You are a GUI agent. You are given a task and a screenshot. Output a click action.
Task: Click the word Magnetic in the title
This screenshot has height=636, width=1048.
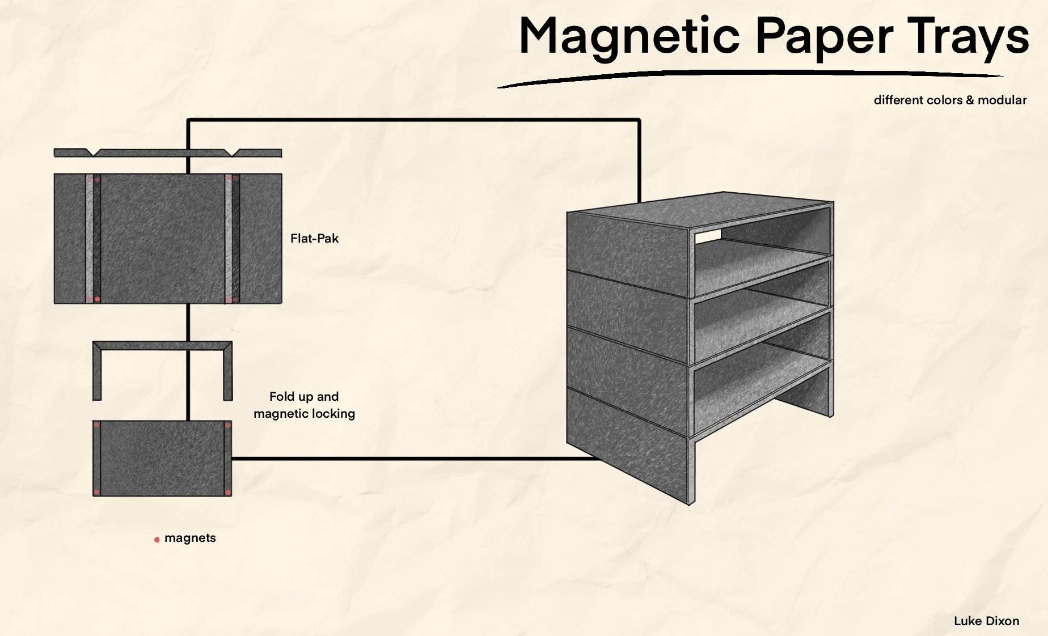tap(629, 36)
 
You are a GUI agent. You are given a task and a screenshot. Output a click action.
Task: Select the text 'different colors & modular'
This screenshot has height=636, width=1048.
tap(950, 100)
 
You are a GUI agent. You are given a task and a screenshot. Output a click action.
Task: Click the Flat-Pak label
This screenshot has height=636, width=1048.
tap(314, 239)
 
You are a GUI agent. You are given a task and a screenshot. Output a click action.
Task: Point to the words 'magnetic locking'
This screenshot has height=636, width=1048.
tap(304, 414)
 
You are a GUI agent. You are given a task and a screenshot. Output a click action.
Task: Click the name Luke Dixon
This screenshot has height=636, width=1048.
tap(986, 621)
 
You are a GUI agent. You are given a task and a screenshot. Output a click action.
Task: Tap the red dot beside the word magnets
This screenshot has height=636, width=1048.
tap(157, 540)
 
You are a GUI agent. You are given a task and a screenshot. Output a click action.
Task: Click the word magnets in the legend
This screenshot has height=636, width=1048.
tap(190, 538)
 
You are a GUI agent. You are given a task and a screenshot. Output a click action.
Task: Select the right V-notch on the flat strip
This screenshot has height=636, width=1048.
tap(234, 152)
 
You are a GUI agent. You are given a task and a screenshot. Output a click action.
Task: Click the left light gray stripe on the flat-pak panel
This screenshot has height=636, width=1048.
tap(90, 238)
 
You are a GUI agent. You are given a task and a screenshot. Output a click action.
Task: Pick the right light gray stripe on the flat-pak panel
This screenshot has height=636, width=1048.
tap(229, 238)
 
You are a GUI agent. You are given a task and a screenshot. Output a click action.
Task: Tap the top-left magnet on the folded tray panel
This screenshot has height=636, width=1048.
tap(96, 425)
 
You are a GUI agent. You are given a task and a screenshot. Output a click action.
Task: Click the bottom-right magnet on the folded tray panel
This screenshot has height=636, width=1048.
tap(228, 491)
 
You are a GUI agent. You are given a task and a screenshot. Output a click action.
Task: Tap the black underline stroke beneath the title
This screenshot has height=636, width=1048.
tap(749, 74)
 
